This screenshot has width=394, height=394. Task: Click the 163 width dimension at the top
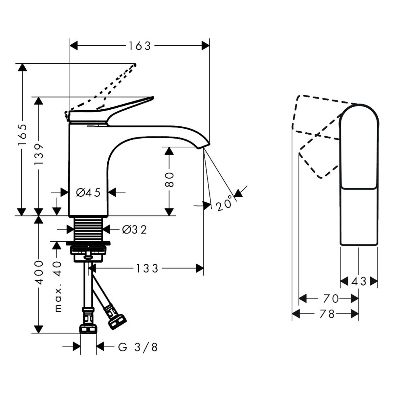140,46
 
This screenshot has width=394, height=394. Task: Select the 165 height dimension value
22,135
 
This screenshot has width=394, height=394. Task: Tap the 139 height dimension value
39,155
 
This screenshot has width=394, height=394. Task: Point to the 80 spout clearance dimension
169,180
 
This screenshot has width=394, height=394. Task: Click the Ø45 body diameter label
88,193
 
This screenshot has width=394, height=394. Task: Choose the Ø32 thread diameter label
134,230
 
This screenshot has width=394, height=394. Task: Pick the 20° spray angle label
224,204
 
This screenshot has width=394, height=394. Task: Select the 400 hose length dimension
39,273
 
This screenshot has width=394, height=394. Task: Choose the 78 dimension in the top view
327,314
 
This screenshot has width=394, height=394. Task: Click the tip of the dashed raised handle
134,65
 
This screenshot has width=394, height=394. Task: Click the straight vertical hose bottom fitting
88,329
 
